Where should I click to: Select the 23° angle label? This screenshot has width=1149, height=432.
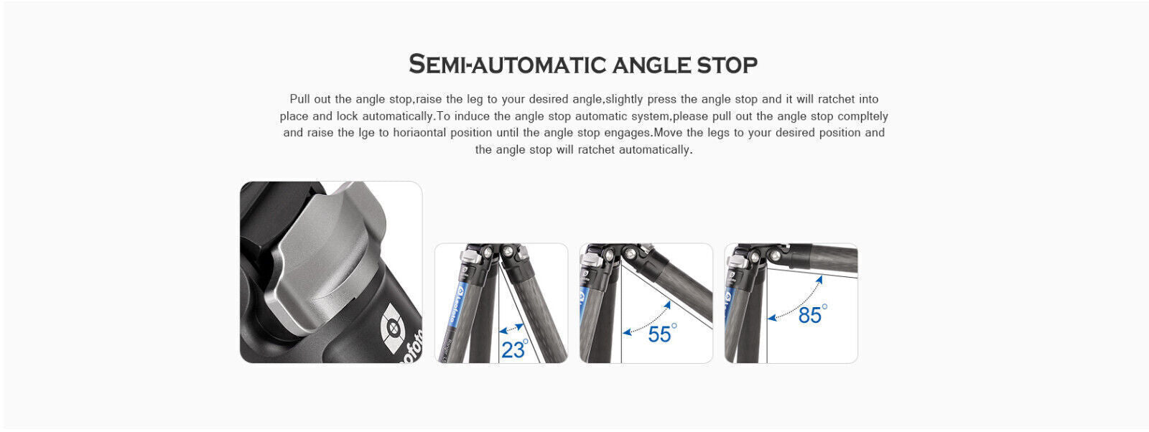pos(514,349)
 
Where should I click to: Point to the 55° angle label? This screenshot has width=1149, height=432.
pos(661,334)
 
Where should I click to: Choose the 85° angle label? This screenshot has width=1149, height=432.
pos(811,315)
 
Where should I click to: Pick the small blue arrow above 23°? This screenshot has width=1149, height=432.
pos(511,329)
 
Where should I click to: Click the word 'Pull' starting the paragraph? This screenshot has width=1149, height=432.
pos(300,99)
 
